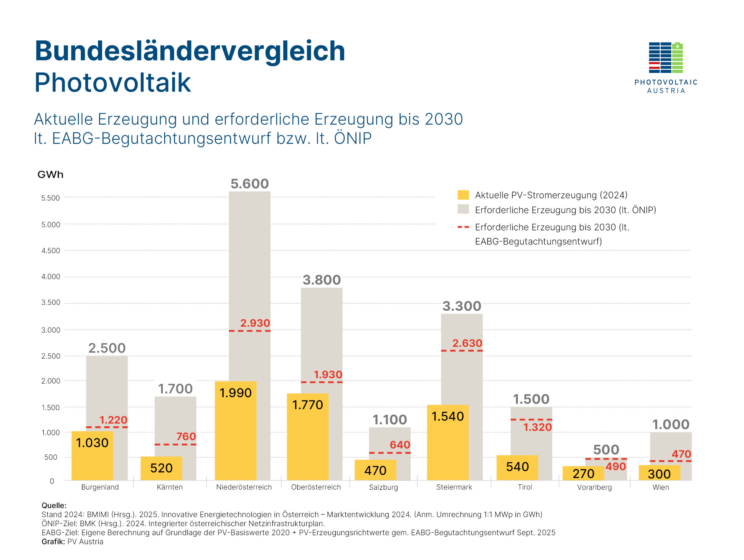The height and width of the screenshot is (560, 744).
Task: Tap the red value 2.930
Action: tap(255, 323)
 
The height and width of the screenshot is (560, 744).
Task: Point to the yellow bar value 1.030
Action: tap(92, 443)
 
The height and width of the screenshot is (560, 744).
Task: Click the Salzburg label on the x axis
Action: tap(383, 487)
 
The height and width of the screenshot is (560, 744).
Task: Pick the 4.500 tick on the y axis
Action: tap(51, 251)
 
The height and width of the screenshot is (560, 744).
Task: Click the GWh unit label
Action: tap(51, 175)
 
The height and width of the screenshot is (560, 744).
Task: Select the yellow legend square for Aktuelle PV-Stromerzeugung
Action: tap(463, 195)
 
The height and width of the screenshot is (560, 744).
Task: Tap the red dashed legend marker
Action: tap(463, 227)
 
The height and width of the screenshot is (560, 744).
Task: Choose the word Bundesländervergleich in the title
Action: tap(190, 51)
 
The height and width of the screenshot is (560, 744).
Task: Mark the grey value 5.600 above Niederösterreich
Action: tap(250, 184)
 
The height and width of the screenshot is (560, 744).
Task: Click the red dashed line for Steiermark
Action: tap(462, 351)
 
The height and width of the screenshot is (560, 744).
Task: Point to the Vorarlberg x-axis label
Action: tap(594, 487)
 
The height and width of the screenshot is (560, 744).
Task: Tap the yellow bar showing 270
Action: tap(583, 474)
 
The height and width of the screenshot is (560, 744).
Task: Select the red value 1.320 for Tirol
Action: tap(537, 427)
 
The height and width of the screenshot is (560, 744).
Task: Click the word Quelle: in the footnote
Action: tap(54, 506)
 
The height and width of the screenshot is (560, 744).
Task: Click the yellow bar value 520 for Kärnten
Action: tap(162, 468)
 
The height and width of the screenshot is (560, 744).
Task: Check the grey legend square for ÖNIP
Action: tap(463, 210)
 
